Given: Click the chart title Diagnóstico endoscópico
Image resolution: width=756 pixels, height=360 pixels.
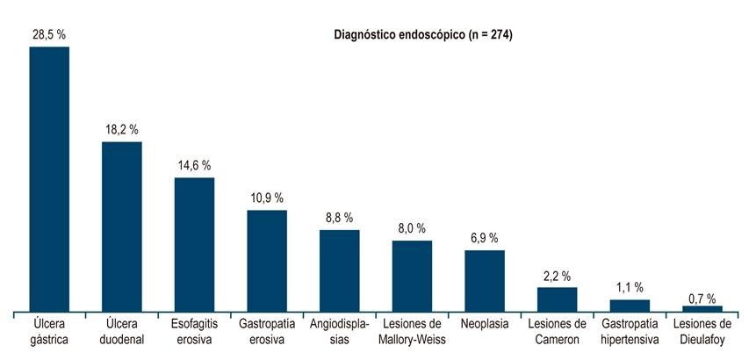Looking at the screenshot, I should pyautogui.click(x=424, y=35).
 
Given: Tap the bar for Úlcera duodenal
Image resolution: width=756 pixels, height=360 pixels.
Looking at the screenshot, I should pyautogui.click(x=122, y=227).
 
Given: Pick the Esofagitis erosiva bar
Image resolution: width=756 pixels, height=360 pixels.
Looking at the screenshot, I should pyautogui.click(x=194, y=244).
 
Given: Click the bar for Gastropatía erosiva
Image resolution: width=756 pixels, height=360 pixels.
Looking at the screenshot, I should pyautogui.click(x=267, y=261).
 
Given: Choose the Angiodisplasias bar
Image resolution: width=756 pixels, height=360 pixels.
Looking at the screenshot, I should pyautogui.click(x=339, y=270).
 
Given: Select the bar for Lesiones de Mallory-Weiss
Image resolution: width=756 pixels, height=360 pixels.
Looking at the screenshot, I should pyautogui.click(x=412, y=276).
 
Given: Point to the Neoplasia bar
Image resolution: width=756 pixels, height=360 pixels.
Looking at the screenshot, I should pyautogui.click(x=484, y=280).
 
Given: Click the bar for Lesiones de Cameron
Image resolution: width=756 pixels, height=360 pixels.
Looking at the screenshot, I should pyautogui.click(x=557, y=299).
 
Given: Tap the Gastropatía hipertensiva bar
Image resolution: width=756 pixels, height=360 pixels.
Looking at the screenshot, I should pyautogui.click(x=630, y=306).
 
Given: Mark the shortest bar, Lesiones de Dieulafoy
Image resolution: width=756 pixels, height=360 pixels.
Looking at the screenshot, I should pyautogui.click(x=702, y=308).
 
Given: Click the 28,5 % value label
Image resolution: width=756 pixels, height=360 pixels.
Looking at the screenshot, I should pyautogui.click(x=49, y=33).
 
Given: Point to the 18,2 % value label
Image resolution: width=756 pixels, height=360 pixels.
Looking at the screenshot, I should pyautogui.click(x=122, y=129).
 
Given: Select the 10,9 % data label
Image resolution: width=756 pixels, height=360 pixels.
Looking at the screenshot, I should pyautogui.click(x=267, y=198).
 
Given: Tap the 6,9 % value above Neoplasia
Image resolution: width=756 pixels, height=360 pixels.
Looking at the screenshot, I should pyautogui.click(x=484, y=238).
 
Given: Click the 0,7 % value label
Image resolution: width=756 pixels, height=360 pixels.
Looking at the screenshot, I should pyautogui.click(x=702, y=297).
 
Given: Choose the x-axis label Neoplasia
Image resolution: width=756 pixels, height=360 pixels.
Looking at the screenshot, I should pyautogui.click(x=484, y=324).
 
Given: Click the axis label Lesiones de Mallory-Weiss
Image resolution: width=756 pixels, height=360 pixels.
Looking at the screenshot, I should pyautogui.click(x=412, y=331).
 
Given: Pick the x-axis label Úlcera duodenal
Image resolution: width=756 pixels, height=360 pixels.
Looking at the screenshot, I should pyautogui.click(x=122, y=331).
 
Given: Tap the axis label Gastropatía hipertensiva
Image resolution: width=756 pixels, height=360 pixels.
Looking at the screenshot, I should pyautogui.click(x=630, y=331).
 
